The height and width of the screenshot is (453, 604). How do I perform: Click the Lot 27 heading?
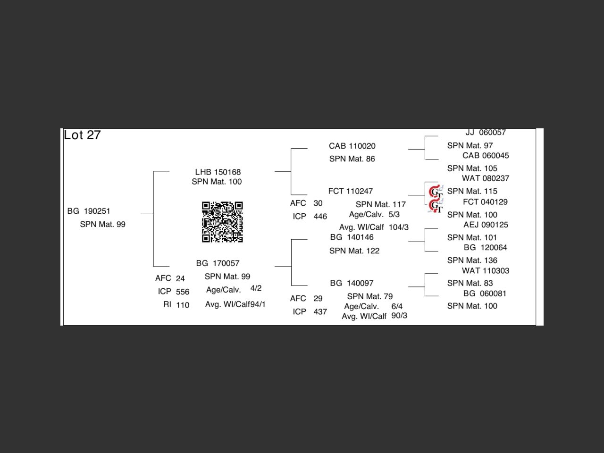click(x=83, y=135)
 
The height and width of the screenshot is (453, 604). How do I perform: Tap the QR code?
click(x=222, y=222)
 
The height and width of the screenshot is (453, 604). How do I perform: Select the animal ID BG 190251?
click(x=89, y=211)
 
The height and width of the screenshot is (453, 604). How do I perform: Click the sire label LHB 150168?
click(x=218, y=172)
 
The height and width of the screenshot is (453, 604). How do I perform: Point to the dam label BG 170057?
click(x=218, y=263)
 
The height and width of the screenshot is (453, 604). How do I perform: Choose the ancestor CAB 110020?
click(x=352, y=146)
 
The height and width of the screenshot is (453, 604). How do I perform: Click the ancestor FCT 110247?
click(x=350, y=191)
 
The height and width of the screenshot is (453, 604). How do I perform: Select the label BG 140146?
click(x=352, y=237)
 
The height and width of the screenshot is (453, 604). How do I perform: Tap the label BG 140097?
click(x=352, y=283)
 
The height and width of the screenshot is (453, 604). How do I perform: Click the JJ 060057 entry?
click(x=486, y=133)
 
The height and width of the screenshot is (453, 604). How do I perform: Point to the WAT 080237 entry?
click(x=485, y=178)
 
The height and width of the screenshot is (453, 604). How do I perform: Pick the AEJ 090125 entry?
click(x=486, y=225)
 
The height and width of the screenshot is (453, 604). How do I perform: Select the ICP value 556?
click(x=183, y=292)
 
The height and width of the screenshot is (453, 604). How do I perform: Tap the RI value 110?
click(x=183, y=305)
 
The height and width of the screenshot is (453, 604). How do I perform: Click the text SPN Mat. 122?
click(x=354, y=251)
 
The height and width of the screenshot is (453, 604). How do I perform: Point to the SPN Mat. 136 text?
click(x=472, y=260)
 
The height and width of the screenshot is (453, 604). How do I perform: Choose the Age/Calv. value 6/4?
click(x=397, y=306)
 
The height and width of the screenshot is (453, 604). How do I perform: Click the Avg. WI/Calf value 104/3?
click(x=399, y=227)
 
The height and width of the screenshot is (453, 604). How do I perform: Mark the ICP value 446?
click(x=320, y=217)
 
